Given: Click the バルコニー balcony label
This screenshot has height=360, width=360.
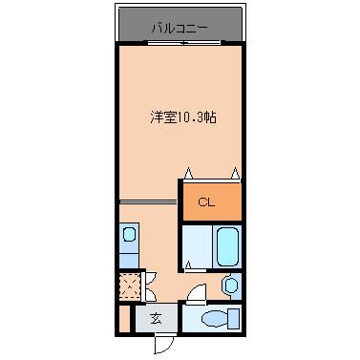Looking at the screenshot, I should pos(180,28).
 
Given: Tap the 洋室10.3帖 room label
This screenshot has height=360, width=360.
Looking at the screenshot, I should pos(180,118).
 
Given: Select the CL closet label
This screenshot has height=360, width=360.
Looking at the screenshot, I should pos(206,201).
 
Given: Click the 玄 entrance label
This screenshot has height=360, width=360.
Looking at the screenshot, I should pos(155,319).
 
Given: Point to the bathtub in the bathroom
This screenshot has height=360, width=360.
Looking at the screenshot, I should pos(227,247).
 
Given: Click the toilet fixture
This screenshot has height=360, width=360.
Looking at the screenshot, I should pos(216,318).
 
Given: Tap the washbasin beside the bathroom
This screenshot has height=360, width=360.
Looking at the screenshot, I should pos(230,285).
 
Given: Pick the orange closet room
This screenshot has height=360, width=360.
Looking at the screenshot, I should pos(211,201).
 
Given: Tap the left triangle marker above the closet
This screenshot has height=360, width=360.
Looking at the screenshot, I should pos(188,174).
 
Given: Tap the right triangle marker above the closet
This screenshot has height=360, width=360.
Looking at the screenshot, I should pos(235,174).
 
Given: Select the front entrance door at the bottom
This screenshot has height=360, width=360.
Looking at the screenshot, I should pos(165,343).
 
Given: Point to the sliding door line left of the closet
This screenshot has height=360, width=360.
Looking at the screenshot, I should pos(148,201).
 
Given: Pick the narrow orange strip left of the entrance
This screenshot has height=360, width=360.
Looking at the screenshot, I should pos(123,319).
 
